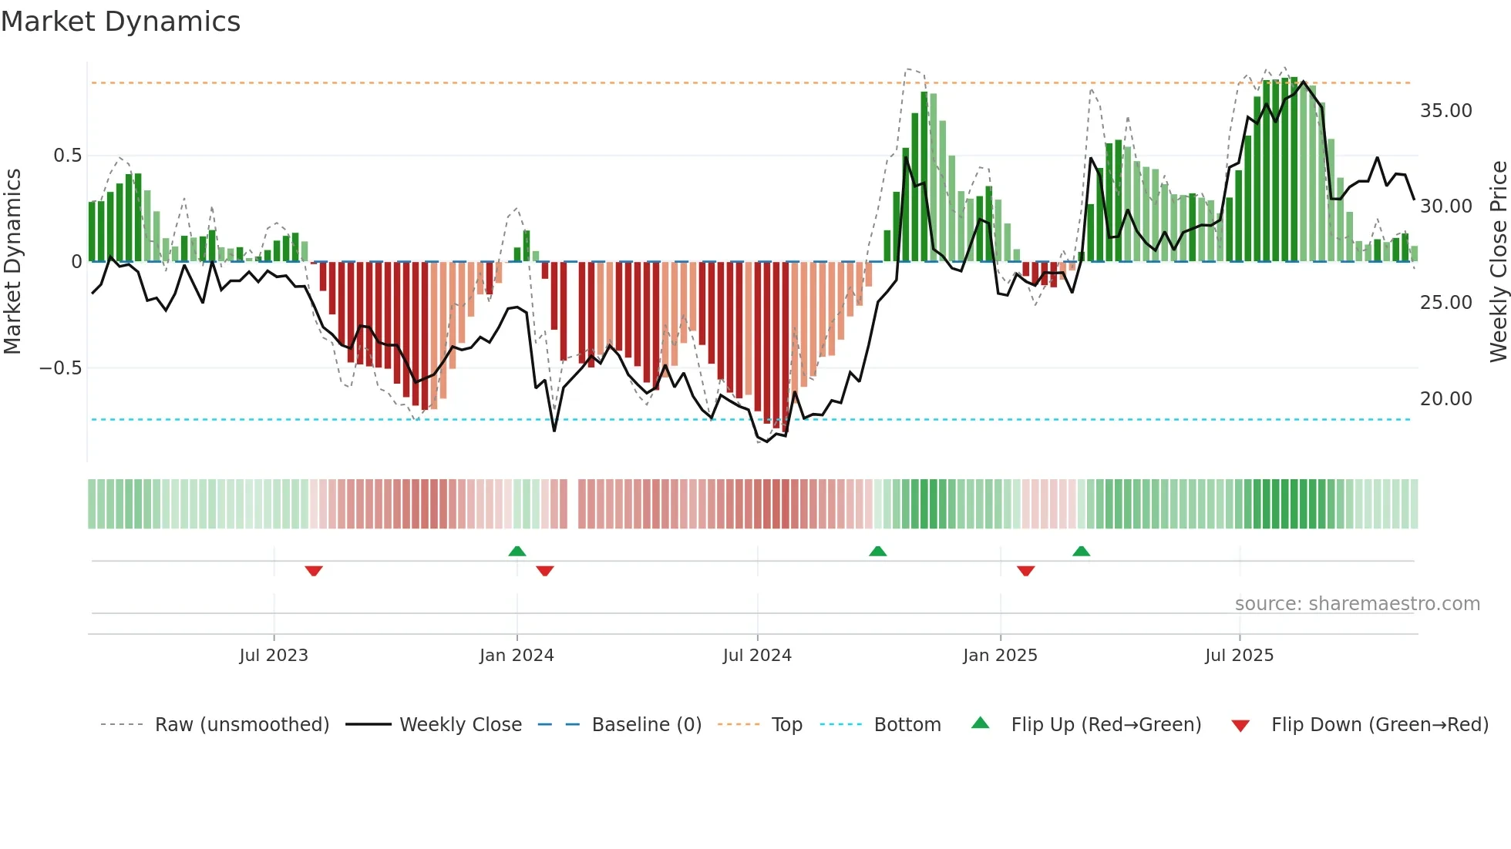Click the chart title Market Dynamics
coord(120,22)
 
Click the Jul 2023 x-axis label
coord(273,656)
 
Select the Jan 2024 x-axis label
coord(517,656)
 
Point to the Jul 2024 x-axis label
coord(757,656)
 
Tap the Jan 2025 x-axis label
coord(1000,656)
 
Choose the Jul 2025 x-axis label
coord(1239,656)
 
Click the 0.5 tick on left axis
coord(67,156)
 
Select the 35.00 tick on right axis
coord(1445,111)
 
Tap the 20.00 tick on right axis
coord(1445,399)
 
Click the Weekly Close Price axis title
coord(1498,262)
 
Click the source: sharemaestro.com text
coord(1357,604)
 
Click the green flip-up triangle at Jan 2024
coord(517,552)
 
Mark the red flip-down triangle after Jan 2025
coord(1025,571)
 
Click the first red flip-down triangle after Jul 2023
coord(314,571)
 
